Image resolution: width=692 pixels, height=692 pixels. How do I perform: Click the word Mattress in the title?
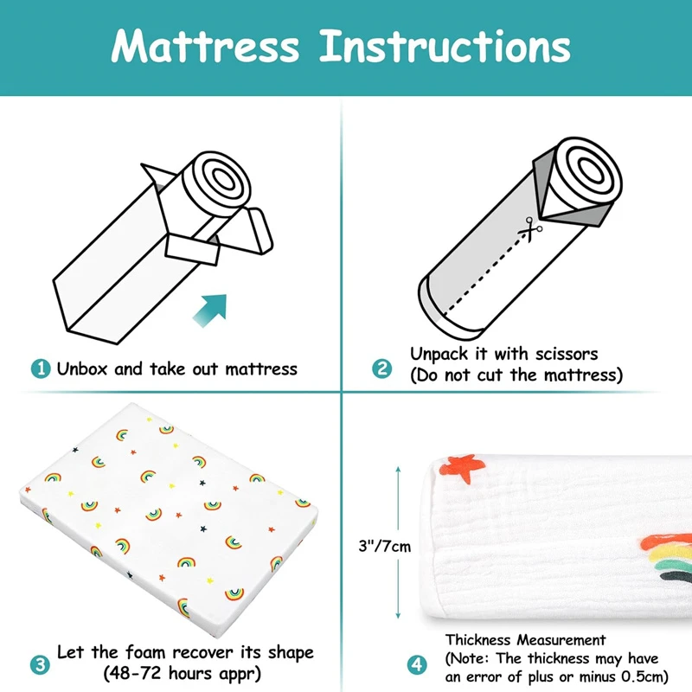tap(205, 47)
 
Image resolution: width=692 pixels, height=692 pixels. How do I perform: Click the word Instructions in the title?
tap(445, 46)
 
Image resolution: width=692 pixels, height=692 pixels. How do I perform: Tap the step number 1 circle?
tap(41, 368)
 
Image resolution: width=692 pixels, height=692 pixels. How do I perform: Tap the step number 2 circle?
tap(382, 368)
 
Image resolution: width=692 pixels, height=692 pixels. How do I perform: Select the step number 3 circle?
tap(40, 664)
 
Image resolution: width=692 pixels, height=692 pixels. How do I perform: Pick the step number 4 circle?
tap(417, 664)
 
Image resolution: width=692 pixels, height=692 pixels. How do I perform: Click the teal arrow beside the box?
tap(210, 311)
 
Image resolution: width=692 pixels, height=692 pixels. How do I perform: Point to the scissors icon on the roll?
tap(530, 229)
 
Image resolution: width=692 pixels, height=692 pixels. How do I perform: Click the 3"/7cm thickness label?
tap(384, 547)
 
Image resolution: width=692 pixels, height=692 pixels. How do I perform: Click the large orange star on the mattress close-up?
tap(463, 469)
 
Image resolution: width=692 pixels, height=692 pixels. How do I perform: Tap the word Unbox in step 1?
tap(82, 368)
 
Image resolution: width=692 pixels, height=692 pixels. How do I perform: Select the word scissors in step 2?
tap(567, 354)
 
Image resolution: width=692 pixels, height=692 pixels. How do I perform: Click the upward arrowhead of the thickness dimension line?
tap(398, 470)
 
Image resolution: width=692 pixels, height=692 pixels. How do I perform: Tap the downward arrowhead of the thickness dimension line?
tap(398, 615)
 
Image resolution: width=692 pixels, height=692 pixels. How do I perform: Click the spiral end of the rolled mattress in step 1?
tap(217, 184)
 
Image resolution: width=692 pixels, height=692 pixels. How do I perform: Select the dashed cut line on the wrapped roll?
tap(484, 274)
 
